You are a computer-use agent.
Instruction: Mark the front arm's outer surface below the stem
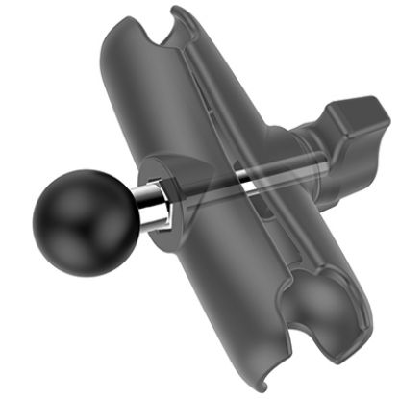[x=192, y=279]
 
